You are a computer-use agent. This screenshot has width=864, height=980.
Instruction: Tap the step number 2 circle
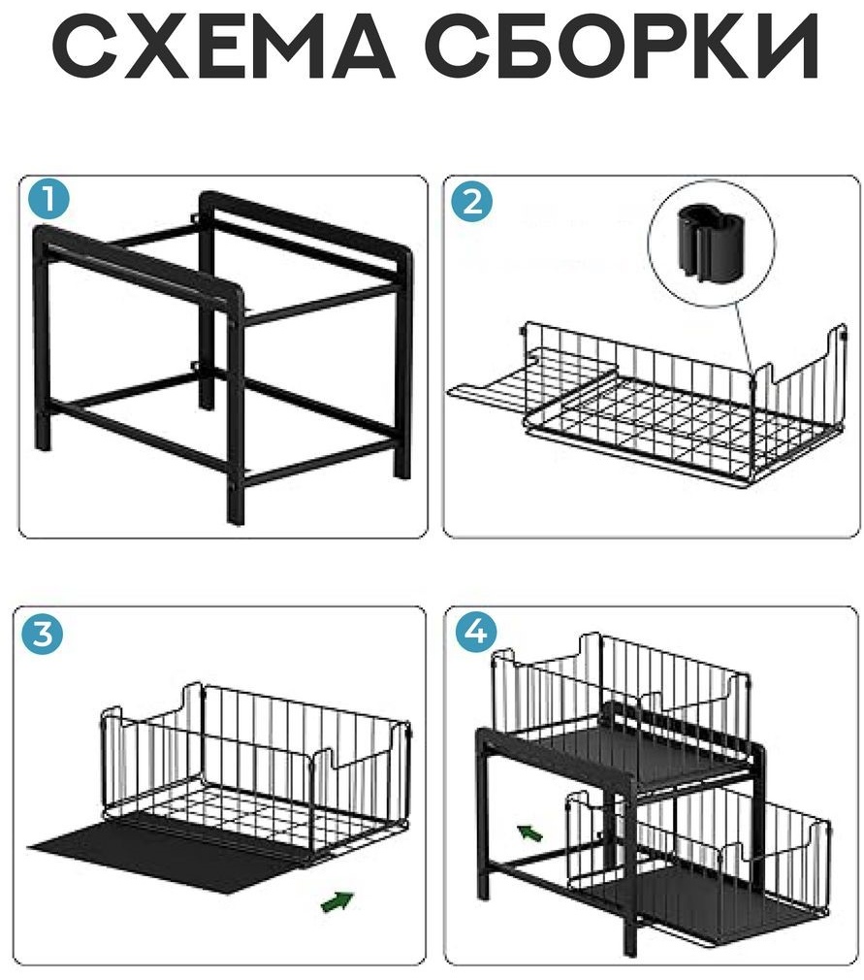pos(471,201)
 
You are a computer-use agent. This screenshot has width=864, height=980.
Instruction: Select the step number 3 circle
pos(43,634)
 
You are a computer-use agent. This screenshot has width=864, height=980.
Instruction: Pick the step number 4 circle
pos(476,632)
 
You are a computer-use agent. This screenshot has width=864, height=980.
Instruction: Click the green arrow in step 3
pos(336,900)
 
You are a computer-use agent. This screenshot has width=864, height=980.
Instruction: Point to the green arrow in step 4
pos(529,832)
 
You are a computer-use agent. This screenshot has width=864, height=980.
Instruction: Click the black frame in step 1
pos(223,356)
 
